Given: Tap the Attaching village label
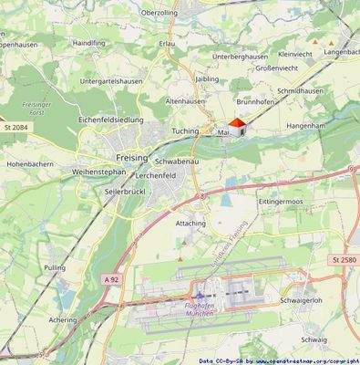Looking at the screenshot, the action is click(190, 223).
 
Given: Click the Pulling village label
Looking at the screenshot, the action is click(56, 267).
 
